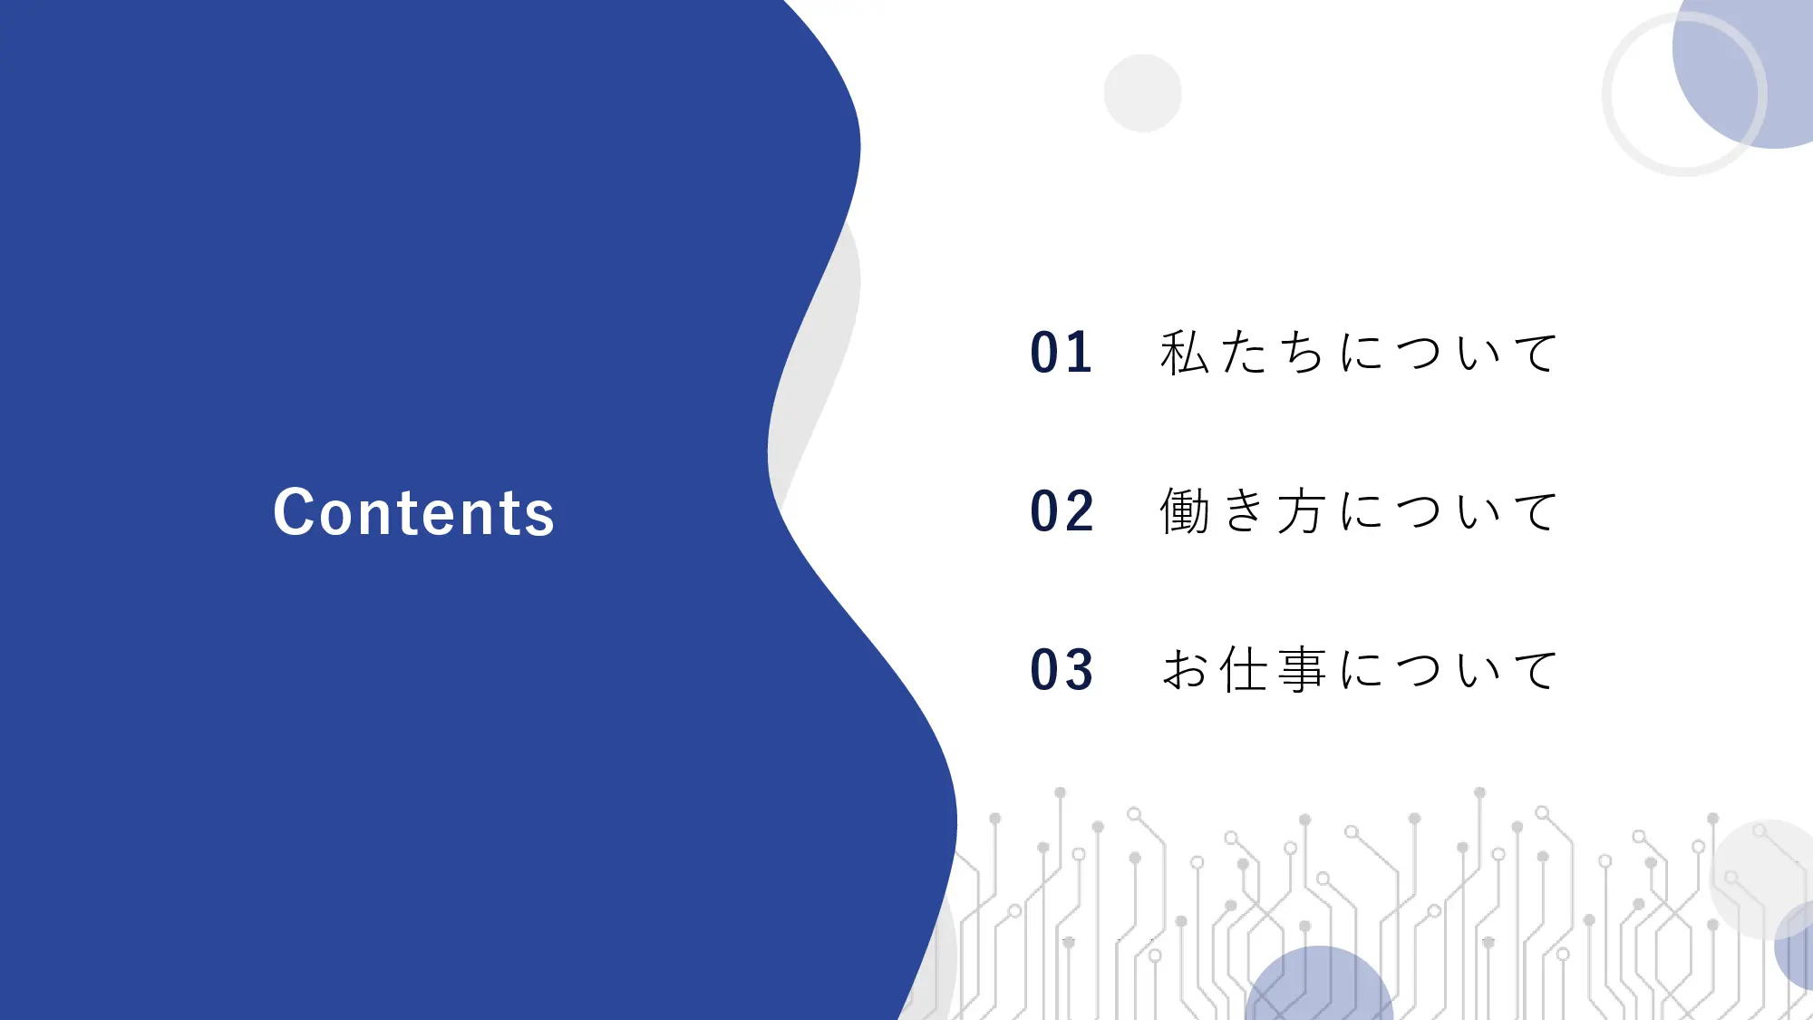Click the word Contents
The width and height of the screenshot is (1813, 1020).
click(413, 513)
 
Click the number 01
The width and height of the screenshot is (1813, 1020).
click(1061, 353)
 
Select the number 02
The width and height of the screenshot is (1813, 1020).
click(1062, 511)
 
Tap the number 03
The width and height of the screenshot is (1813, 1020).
click(1062, 670)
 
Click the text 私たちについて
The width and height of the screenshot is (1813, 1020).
click(1358, 353)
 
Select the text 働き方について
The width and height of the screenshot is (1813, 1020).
click(1358, 511)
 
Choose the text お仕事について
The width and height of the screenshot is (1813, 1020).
click(1358, 670)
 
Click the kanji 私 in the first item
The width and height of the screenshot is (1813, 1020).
click(1185, 353)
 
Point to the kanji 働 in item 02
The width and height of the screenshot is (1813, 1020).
click(1185, 511)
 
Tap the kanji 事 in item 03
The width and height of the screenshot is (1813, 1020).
click(1302, 670)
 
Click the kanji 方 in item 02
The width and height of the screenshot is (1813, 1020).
click(1302, 511)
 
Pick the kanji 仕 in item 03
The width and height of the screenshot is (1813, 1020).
click(1244, 670)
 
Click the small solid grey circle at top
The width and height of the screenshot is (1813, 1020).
click(1142, 92)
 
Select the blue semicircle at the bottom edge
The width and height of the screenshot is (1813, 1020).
click(1319, 988)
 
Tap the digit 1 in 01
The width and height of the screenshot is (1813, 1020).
click(1080, 353)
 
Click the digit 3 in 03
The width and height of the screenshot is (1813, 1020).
click(1080, 670)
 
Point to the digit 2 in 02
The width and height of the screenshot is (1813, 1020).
click(1080, 511)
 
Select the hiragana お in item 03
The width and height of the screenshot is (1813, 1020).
click(1185, 670)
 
